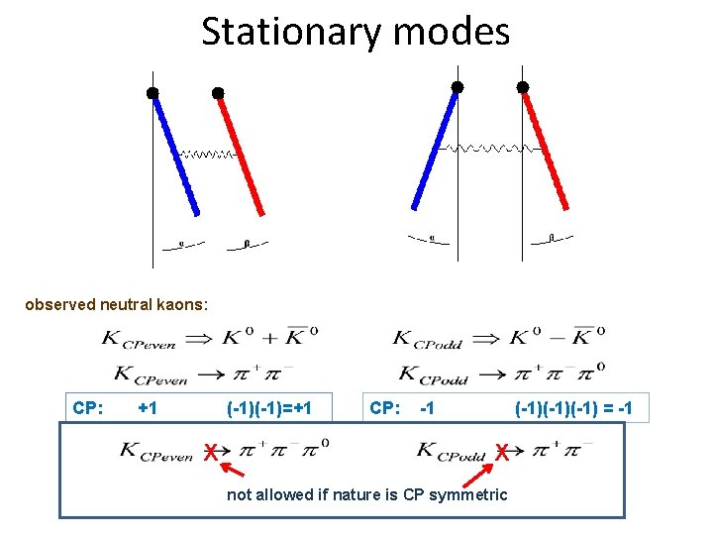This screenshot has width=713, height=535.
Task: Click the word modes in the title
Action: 452,32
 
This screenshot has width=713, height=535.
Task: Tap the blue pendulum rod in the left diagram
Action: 175,153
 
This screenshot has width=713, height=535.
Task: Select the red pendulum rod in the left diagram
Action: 241,153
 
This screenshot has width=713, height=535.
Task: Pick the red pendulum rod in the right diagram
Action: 546,148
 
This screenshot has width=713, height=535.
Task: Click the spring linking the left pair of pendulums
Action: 208,155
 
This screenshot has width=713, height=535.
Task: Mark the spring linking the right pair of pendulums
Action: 490,148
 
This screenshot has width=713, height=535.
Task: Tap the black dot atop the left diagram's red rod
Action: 218,93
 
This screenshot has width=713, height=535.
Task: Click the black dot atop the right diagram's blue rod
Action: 458,87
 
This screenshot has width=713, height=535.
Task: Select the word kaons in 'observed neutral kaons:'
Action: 178,304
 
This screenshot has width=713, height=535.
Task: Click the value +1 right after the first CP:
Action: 149,407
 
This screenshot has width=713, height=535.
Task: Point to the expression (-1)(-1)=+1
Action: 269,407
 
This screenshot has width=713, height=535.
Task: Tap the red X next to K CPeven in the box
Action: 210,453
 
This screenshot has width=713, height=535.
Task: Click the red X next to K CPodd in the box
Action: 502,453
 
